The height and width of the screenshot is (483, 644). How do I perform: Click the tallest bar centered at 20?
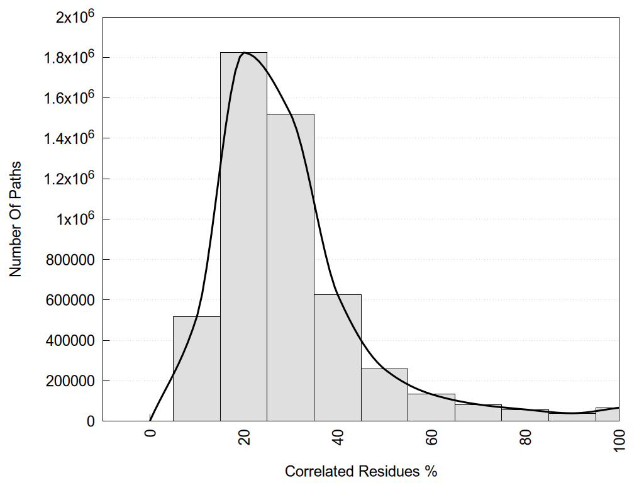pyautogui.click(x=243, y=239)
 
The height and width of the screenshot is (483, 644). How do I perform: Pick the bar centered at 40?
pyautogui.click(x=338, y=358)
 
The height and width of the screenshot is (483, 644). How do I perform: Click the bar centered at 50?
pyautogui.click(x=384, y=396)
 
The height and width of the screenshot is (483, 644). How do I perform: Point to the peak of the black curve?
pyautogui.click(x=245, y=53)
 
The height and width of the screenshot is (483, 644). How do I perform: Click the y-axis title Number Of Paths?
pyautogui.click(x=16, y=219)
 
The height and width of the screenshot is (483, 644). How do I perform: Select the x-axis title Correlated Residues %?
pyautogui.click(x=360, y=471)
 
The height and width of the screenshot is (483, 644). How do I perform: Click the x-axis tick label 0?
pyautogui.click(x=150, y=433)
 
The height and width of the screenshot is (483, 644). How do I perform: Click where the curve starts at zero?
pyautogui.click(x=150, y=420)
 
